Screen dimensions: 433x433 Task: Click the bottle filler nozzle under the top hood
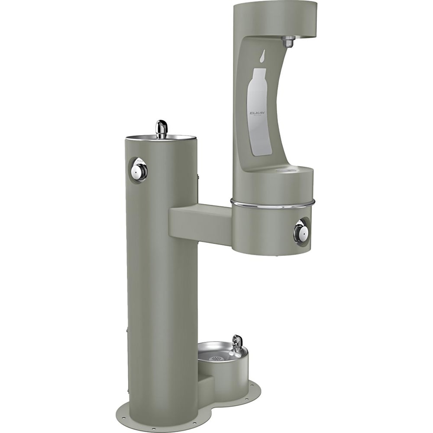coord(288,42)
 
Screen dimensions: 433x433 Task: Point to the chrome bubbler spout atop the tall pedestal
coord(162,129)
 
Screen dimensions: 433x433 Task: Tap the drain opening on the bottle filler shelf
coord(284,171)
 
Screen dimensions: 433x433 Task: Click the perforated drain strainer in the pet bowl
coord(216,358)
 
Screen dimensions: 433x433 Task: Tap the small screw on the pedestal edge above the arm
coord(198,176)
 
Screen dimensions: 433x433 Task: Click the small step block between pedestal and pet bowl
coord(206,385)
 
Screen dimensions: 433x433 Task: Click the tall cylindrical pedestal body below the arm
coord(161,312)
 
